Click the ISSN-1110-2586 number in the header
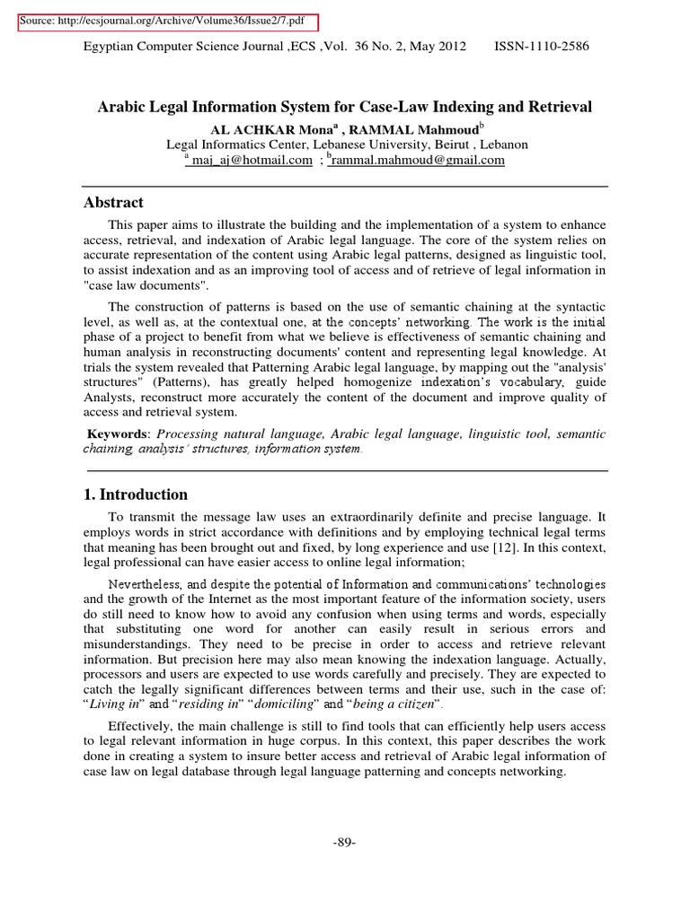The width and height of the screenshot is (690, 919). [542, 47]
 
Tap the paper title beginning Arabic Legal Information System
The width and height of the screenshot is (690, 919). [344, 107]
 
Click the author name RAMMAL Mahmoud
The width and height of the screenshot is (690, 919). [412, 128]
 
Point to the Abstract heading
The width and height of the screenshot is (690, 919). [114, 203]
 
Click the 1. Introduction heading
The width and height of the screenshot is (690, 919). [136, 495]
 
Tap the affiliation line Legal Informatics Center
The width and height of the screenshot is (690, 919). [347, 144]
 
